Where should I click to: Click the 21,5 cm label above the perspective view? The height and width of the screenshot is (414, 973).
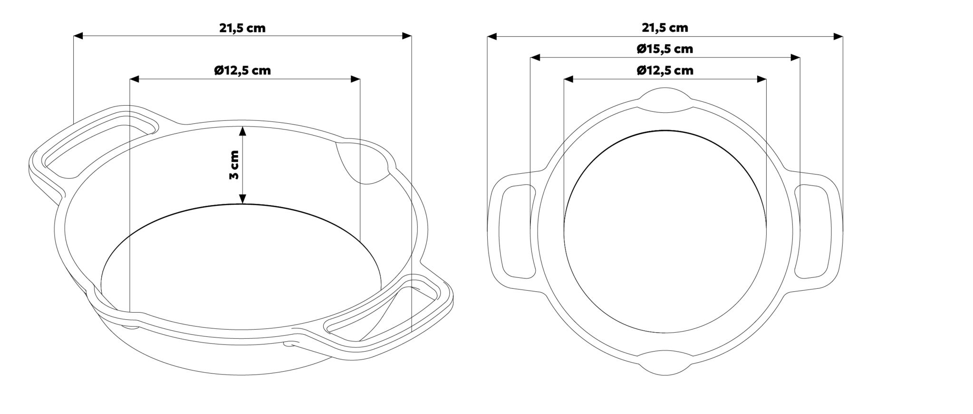click(242, 28)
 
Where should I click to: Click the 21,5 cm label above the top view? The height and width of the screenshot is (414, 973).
click(665, 28)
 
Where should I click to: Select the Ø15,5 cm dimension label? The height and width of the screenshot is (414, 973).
click(665, 49)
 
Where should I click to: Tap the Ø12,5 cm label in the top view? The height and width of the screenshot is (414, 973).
click(665, 71)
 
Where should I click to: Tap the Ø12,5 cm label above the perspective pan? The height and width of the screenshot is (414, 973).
click(242, 71)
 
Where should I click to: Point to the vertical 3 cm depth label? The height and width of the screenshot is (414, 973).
click(233, 165)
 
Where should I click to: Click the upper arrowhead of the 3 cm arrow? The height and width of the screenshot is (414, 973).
click(243, 131)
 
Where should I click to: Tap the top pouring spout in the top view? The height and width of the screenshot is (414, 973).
click(665, 100)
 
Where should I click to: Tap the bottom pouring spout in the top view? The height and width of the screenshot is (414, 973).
click(665, 364)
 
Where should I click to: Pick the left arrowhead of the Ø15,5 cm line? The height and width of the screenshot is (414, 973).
click(535, 58)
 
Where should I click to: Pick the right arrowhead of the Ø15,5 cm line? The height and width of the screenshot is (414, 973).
click(795, 58)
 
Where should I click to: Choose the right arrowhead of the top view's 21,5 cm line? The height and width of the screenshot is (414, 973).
click(838, 36)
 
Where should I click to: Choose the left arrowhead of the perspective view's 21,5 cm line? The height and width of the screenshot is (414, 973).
click(78, 36)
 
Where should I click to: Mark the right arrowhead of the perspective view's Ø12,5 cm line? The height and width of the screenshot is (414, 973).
click(355, 79)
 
